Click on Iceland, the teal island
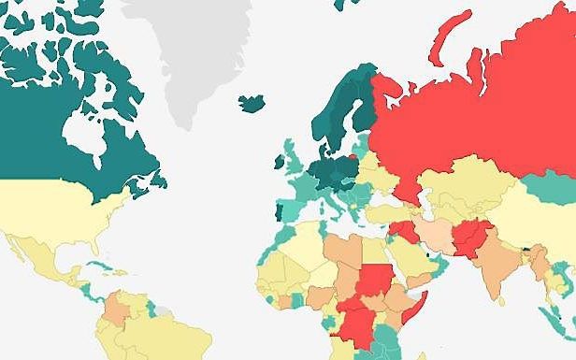click(x=252, y=101)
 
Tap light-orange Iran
click(x=431, y=234)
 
